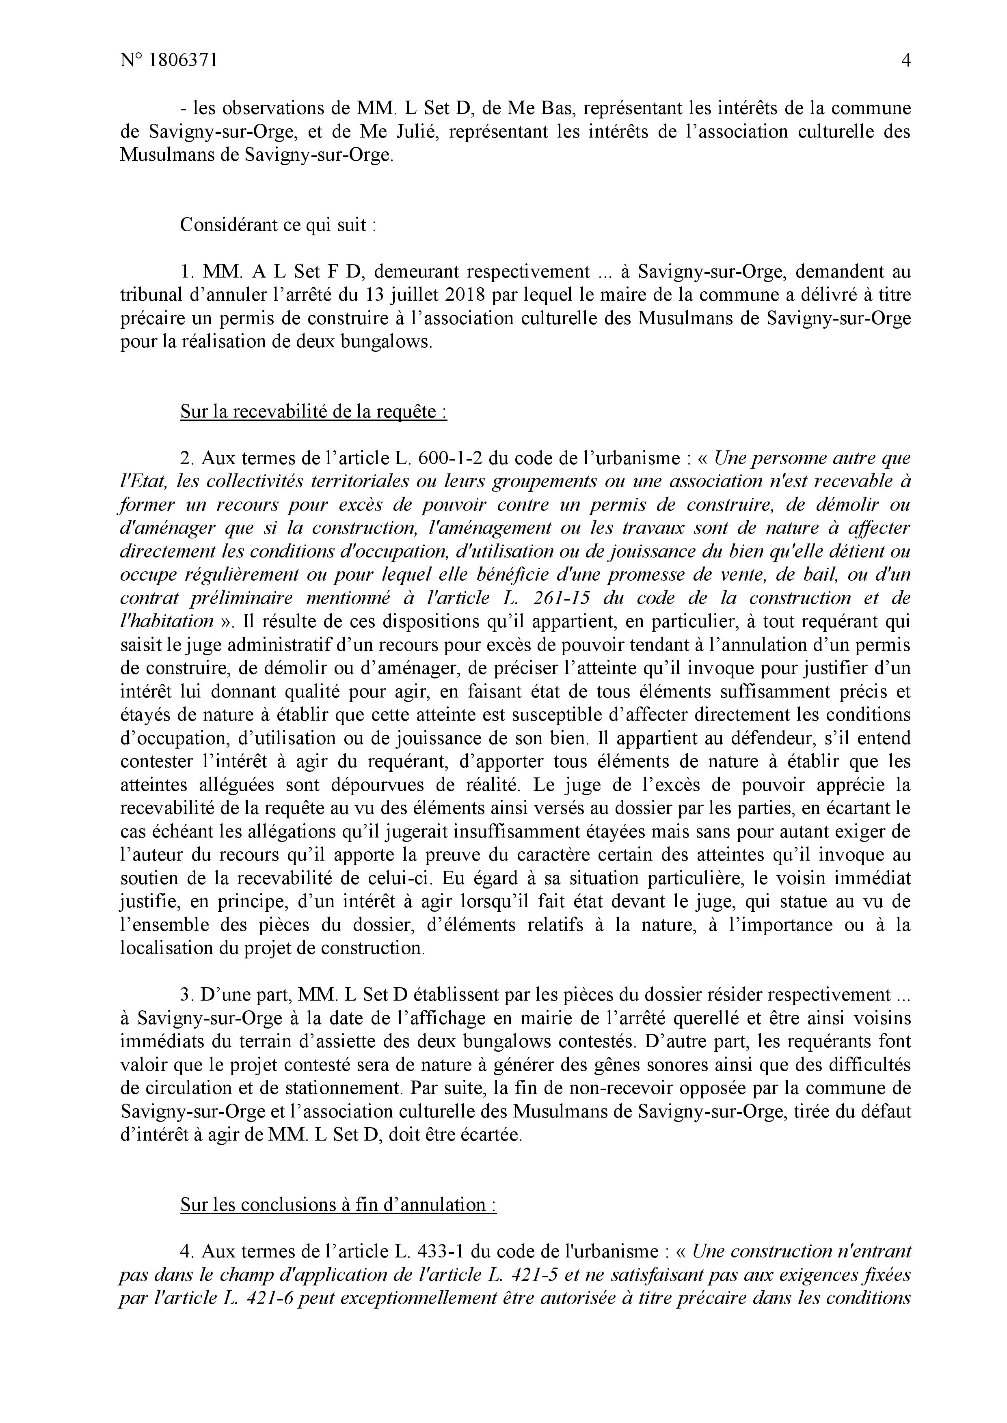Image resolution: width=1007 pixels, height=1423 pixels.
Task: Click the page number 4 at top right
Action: coord(905,61)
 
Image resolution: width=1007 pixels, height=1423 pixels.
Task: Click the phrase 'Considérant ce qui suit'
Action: coord(277,225)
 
